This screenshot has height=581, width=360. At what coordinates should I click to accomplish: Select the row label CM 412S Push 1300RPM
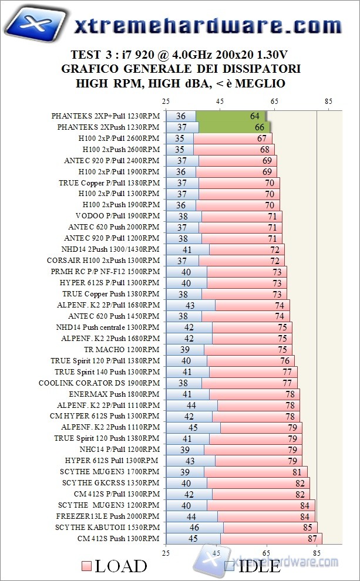pyautogui.click(x=118, y=538)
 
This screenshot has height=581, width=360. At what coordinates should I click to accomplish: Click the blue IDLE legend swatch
pyautogui.click(x=230, y=566)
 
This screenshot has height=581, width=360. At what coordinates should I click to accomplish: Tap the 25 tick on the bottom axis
pyautogui.click(x=166, y=552)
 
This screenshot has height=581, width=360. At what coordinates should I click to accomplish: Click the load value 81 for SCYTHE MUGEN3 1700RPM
pyautogui.click(x=299, y=472)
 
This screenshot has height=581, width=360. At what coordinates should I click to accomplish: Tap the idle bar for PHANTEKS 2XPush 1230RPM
pyautogui.click(x=182, y=127)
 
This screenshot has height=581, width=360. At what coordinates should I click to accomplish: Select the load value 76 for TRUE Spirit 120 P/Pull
pyautogui.click(x=285, y=360)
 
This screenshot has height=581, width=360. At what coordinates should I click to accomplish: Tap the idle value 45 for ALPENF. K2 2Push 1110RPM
pyautogui.click(x=193, y=427)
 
